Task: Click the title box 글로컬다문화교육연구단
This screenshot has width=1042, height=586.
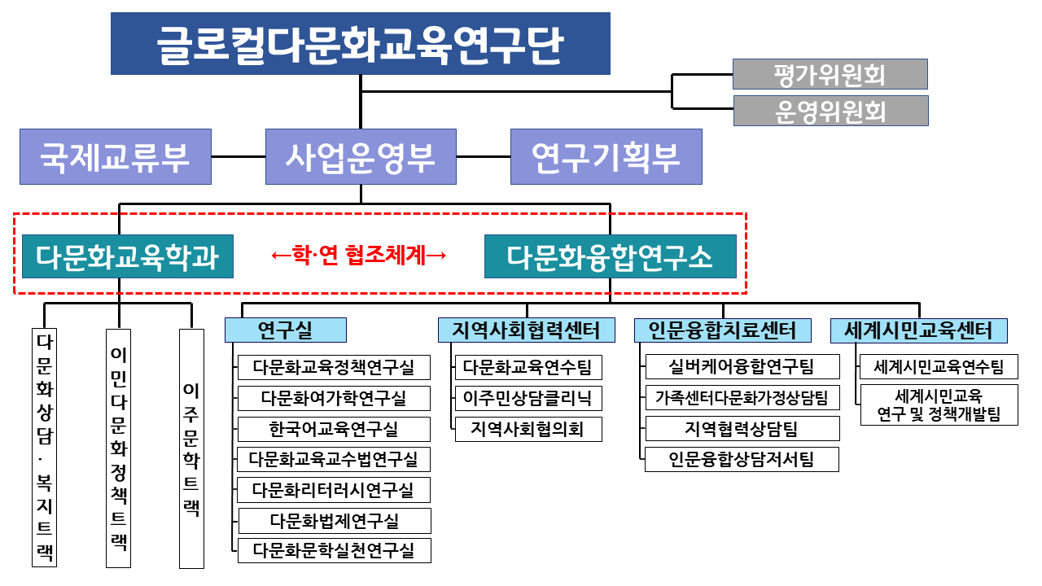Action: (x=361, y=44)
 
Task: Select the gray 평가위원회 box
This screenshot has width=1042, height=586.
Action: (x=830, y=74)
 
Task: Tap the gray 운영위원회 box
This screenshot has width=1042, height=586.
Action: (x=831, y=111)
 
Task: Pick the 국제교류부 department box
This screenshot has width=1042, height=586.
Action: (x=116, y=157)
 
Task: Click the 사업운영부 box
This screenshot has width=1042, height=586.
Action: (x=361, y=157)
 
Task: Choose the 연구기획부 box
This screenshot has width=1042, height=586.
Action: (x=606, y=157)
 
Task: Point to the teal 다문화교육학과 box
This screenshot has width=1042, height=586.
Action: (x=128, y=256)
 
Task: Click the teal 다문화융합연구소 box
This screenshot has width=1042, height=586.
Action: (x=611, y=256)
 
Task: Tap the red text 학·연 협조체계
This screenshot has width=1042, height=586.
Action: (x=359, y=256)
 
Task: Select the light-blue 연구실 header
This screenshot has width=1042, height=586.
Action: (x=286, y=330)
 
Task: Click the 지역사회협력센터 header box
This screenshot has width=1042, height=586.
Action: (x=527, y=330)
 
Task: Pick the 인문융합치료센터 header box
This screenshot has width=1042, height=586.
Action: (x=723, y=330)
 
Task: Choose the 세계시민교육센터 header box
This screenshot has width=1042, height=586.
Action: (x=919, y=330)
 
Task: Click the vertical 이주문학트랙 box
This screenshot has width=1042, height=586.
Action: (x=191, y=448)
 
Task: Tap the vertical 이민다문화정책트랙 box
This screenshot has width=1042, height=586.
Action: (x=119, y=448)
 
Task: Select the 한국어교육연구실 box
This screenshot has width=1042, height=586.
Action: (x=334, y=429)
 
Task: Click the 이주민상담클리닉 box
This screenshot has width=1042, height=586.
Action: (x=528, y=399)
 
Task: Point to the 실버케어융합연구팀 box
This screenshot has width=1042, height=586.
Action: (x=742, y=367)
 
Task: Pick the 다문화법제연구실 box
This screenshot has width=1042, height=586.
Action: (x=335, y=521)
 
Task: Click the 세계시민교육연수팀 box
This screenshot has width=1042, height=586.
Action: (x=939, y=367)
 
